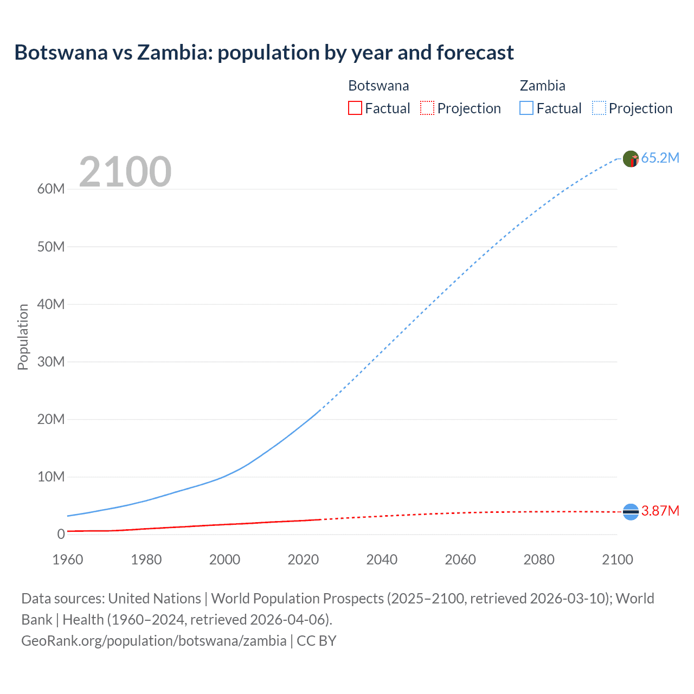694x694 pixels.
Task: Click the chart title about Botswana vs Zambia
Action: [x=264, y=53]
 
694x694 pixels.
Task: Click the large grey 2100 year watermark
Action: [x=125, y=172]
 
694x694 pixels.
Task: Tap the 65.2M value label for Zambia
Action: [x=660, y=158]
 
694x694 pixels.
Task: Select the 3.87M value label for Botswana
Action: [x=660, y=511]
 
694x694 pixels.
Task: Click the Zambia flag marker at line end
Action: [x=631, y=159]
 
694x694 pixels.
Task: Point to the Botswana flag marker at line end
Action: [x=631, y=511]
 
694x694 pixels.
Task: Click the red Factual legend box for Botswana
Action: [x=355, y=108]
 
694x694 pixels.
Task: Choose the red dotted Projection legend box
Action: [x=427, y=108]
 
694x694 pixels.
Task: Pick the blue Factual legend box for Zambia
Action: [x=526, y=108]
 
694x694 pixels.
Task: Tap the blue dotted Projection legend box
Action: [x=599, y=108]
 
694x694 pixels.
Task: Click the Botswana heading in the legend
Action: [x=378, y=86]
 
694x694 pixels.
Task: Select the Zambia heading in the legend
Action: [x=542, y=86]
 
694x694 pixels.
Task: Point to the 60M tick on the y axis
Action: [x=51, y=189]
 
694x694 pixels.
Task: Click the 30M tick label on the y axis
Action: [x=51, y=362]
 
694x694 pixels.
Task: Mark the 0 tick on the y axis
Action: [x=61, y=534]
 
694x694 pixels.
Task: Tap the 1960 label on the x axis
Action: [x=68, y=560]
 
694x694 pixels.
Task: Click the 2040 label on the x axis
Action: [x=382, y=560]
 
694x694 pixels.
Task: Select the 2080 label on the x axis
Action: [x=539, y=560]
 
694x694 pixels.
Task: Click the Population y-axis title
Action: [x=23, y=337]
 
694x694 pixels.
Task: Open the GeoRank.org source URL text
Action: [x=153, y=641]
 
